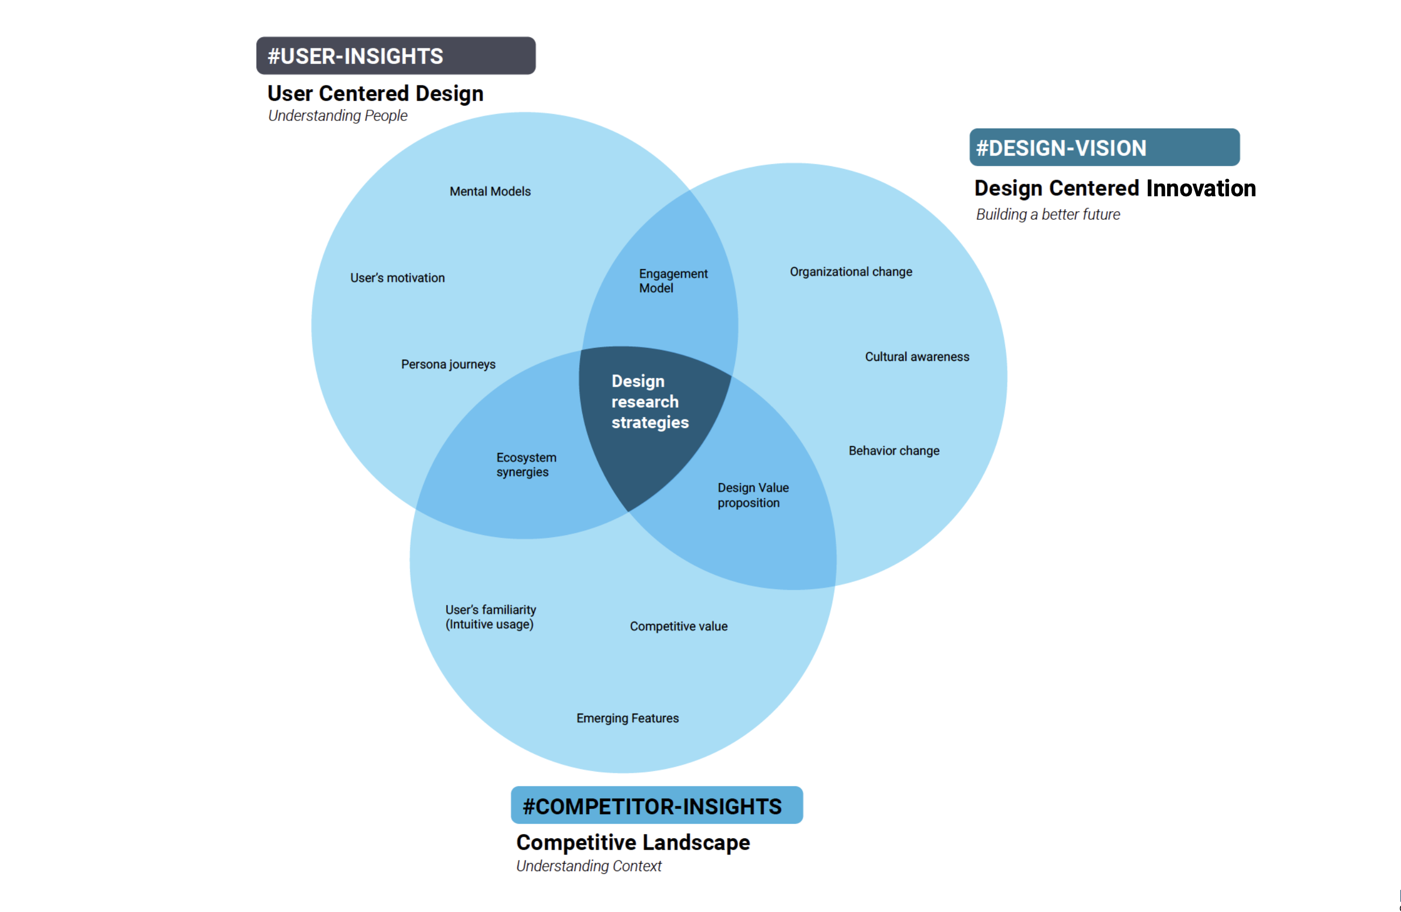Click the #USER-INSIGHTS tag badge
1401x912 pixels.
point(396,56)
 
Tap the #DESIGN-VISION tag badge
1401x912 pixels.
point(1104,147)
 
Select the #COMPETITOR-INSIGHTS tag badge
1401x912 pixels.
point(656,805)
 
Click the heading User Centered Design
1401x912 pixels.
point(375,94)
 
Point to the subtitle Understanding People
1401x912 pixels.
point(337,116)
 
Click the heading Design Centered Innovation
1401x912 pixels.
point(1114,188)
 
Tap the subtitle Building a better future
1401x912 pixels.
point(1047,215)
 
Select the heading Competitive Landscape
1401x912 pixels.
point(633,843)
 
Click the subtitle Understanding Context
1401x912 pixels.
point(589,866)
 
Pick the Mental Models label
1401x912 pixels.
point(490,192)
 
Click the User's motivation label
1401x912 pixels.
point(397,278)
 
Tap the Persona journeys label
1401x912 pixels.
point(448,365)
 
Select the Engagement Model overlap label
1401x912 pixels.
point(673,281)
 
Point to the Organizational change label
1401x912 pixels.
point(850,272)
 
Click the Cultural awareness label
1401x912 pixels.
point(917,357)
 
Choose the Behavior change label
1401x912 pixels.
point(894,451)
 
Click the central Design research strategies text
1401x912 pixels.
point(649,402)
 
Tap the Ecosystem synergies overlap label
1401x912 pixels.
point(526,465)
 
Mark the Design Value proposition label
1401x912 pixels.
point(752,495)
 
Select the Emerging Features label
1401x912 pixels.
point(627,718)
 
